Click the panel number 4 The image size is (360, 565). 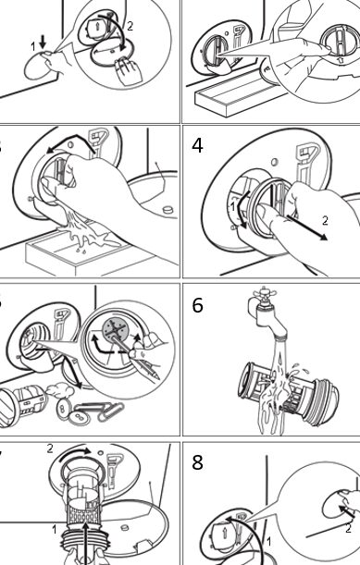tap(197, 145)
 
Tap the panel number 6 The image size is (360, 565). tap(198, 305)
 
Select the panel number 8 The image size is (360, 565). tap(198, 462)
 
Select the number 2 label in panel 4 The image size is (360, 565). tap(325, 220)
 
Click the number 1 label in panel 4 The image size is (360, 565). tap(232, 207)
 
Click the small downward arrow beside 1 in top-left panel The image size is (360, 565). tap(43, 43)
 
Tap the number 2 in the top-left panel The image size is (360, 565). tap(130, 26)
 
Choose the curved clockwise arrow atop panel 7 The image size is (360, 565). tap(75, 454)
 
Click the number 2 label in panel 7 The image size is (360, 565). tap(50, 448)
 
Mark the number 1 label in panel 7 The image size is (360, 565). tap(54, 530)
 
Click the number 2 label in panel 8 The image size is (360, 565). tap(348, 529)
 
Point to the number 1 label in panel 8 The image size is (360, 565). tap(268, 542)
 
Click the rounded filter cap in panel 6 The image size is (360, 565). tap(324, 399)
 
